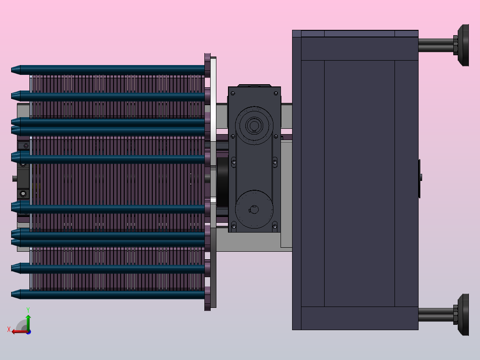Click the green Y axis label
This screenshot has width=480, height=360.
(x=28, y=310)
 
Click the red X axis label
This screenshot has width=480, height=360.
(x=9, y=329)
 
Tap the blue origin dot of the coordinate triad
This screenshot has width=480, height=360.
(x=28, y=332)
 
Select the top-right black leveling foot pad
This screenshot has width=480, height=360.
(x=464, y=45)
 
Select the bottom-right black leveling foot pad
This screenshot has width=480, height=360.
(x=464, y=315)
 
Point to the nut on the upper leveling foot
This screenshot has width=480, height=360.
(x=456, y=45)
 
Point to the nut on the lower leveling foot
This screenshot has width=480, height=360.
(x=456, y=315)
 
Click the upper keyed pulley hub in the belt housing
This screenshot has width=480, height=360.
(x=254, y=125)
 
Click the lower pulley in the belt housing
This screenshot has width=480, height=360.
(x=254, y=209)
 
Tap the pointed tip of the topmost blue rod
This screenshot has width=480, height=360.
(x=12, y=70)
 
